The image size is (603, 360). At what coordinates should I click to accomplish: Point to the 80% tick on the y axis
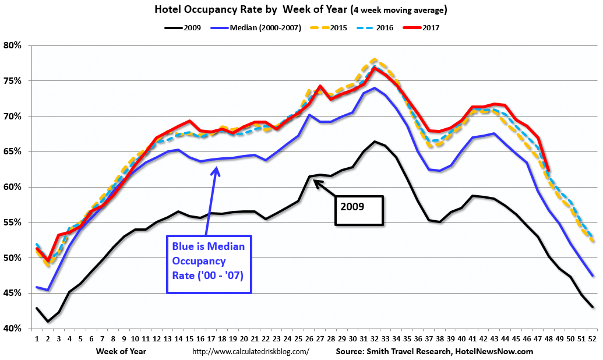pos(12,45)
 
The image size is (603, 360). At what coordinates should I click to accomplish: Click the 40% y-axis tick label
pos(12,329)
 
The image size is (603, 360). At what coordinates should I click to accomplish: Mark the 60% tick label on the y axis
pos(12,187)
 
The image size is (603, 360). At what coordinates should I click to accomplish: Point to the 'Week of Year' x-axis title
pos(122,351)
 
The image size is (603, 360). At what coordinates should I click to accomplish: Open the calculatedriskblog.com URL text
pos(251,351)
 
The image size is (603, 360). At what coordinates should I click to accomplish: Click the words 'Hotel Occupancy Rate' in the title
pos(193,10)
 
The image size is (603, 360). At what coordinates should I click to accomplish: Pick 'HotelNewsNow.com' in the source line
pos(496,351)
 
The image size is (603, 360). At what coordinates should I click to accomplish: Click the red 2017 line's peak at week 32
pos(375,68)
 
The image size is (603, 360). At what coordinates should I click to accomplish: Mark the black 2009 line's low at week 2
pos(48,322)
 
